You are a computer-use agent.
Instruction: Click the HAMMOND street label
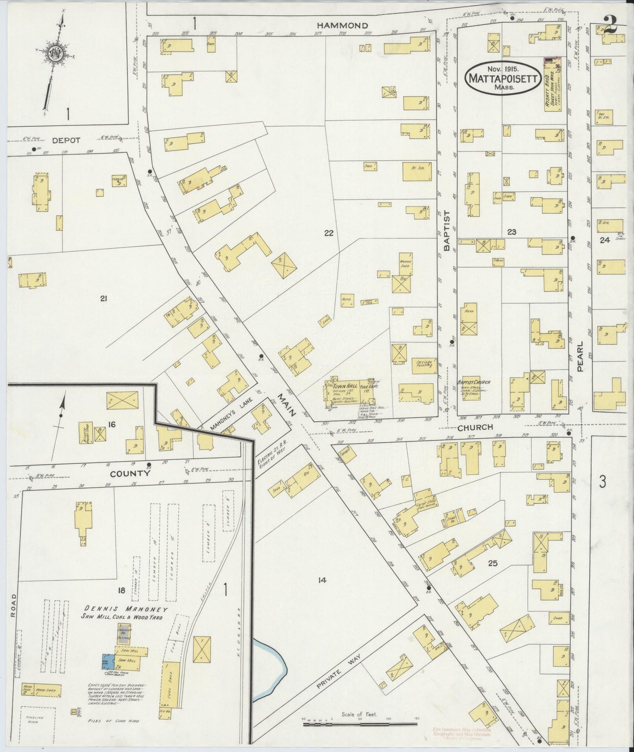pyautogui.click(x=342, y=26)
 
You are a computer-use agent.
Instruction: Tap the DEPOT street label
pyautogui.click(x=66, y=140)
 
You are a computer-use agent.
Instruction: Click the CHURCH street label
pyautogui.click(x=475, y=427)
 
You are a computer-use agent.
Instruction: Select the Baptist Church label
pyautogui.click(x=473, y=382)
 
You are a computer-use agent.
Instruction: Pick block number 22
pyautogui.click(x=329, y=233)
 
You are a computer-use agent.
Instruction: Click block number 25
pyautogui.click(x=492, y=563)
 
